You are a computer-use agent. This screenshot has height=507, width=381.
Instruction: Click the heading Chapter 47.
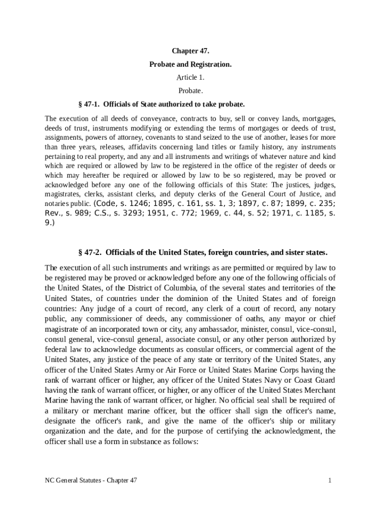[190, 51]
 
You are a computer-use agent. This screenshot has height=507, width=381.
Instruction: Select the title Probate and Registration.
[190, 65]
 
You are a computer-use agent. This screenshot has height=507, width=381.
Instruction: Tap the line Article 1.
[190, 78]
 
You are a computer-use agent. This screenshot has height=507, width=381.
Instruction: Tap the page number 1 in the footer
[329, 481]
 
